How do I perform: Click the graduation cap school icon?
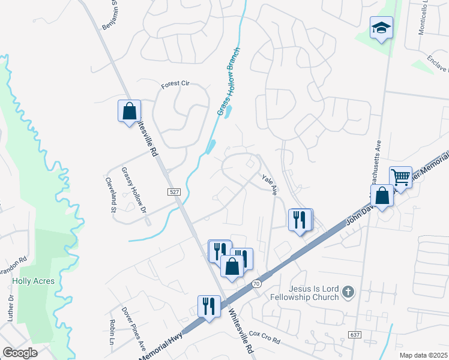click(381, 28)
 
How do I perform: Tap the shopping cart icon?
click(400, 177)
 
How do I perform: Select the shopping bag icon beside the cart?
click(382, 196)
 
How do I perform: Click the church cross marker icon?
click(347, 293)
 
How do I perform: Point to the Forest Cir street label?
click(175, 85)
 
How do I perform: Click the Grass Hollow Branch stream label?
click(228, 82)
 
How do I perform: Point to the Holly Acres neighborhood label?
click(34, 281)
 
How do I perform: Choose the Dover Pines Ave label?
click(133, 329)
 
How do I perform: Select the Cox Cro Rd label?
click(265, 337)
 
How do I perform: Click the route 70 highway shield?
click(258, 283)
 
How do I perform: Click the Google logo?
click(20, 353)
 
